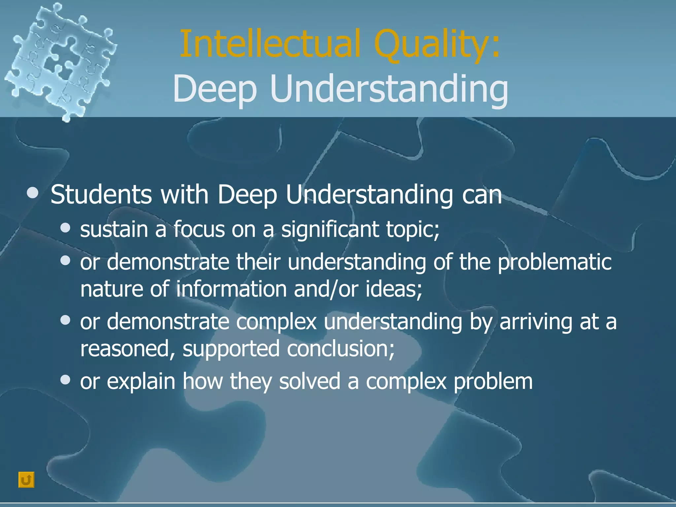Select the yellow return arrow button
pyautogui.click(x=26, y=480)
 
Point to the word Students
pyautogui.click(x=101, y=195)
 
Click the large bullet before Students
pyautogui.click(x=32, y=193)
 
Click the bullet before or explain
pyautogui.click(x=66, y=380)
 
